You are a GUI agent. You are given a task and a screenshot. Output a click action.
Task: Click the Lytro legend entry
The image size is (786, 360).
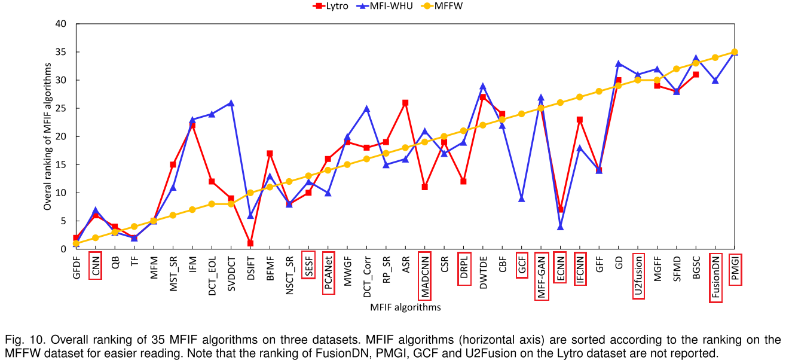pos(331,6)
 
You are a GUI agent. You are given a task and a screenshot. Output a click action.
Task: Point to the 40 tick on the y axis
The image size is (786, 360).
pos(60,25)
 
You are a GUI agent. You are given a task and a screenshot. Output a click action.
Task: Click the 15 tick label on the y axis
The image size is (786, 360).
pos(60,164)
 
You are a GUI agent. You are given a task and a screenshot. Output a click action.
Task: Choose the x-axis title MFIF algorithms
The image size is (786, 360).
pos(405,307)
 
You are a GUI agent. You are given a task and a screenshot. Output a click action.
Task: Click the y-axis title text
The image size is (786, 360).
pos(47,136)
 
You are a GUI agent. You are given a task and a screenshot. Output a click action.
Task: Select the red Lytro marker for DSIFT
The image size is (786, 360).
pos(250,243)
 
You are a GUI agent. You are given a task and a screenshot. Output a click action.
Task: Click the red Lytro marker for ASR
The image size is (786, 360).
pos(405,103)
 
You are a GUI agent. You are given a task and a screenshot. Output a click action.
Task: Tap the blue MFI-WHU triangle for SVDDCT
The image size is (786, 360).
pos(231,103)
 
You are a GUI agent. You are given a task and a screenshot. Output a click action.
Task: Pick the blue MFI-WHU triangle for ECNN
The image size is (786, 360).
pos(560,226)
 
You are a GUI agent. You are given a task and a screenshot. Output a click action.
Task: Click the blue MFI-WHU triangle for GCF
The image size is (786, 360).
pos(522,199)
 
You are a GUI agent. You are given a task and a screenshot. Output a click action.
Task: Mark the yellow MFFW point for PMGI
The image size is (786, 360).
pos(735,52)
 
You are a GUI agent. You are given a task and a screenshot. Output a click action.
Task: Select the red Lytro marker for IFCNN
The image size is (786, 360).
pos(580,120)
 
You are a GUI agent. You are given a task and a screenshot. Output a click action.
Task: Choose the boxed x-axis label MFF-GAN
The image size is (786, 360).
pos(541,276)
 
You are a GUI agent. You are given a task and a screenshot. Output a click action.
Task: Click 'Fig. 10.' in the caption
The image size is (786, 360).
pos(23,339)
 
